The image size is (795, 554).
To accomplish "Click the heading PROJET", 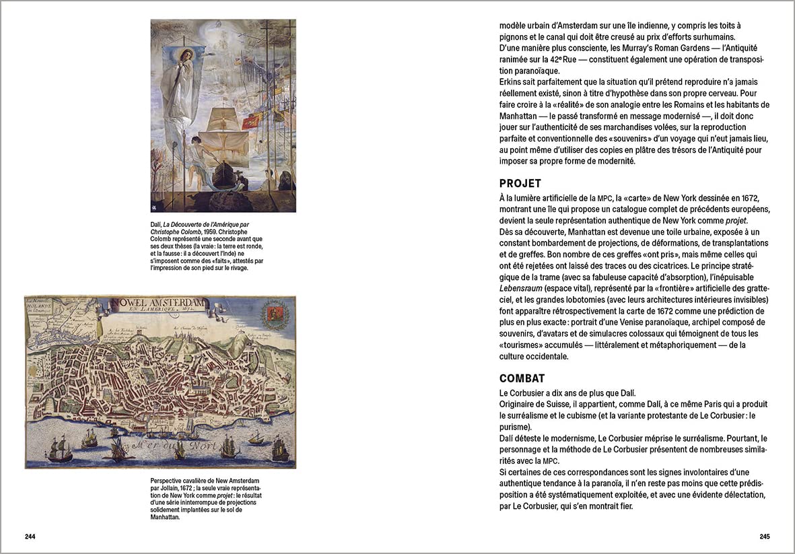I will tap(520, 184).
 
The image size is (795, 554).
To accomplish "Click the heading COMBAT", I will tap(522, 378).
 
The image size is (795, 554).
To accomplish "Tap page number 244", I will tap(30, 536).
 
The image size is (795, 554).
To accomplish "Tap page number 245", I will tap(764, 536).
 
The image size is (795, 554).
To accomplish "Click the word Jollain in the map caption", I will tap(168, 487).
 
